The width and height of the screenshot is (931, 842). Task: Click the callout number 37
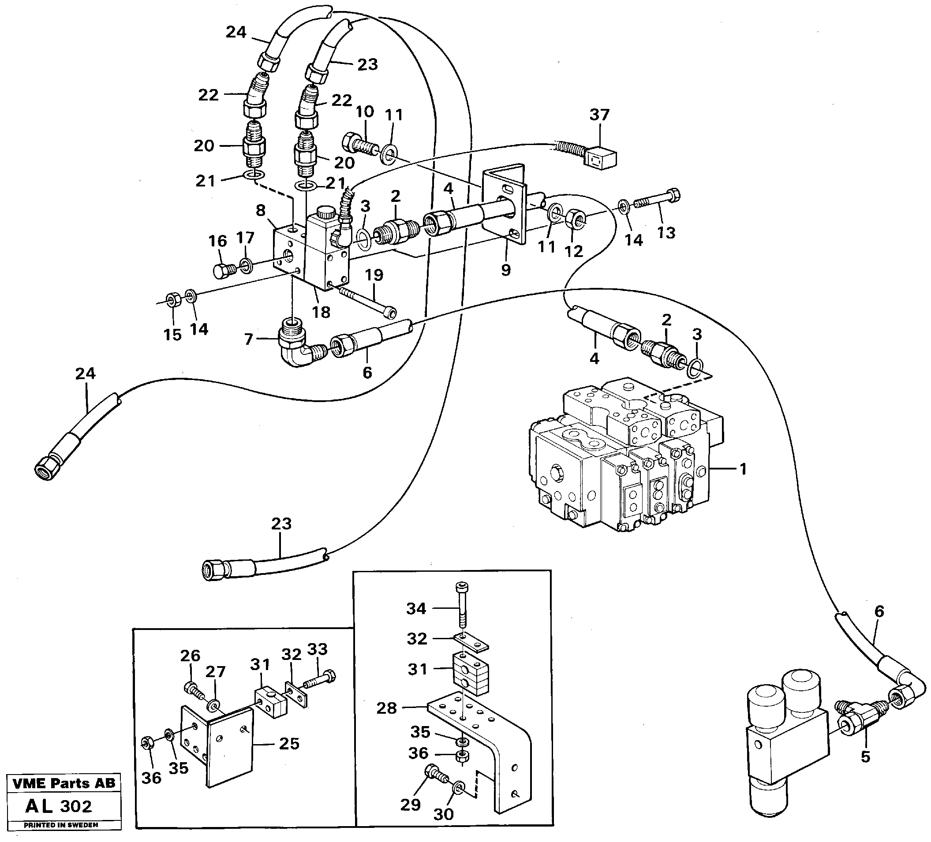(x=599, y=115)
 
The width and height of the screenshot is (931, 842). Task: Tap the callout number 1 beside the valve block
(x=743, y=469)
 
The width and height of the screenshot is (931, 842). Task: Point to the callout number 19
(x=374, y=275)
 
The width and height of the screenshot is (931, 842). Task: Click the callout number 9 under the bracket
(x=506, y=270)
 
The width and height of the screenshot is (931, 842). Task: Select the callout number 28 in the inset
(x=386, y=708)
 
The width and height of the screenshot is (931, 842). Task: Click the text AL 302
(x=59, y=806)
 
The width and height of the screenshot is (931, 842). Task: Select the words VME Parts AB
(x=64, y=783)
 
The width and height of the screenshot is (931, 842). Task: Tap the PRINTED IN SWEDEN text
(x=61, y=825)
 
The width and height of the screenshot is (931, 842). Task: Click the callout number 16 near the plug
(x=217, y=241)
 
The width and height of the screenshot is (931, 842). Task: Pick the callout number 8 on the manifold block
(x=261, y=211)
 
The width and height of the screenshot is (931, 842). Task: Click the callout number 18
(x=321, y=313)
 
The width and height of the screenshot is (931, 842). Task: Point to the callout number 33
(x=317, y=649)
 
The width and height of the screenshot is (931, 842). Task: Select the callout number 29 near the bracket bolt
(x=410, y=805)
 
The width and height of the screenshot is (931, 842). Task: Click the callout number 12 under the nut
(x=574, y=252)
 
